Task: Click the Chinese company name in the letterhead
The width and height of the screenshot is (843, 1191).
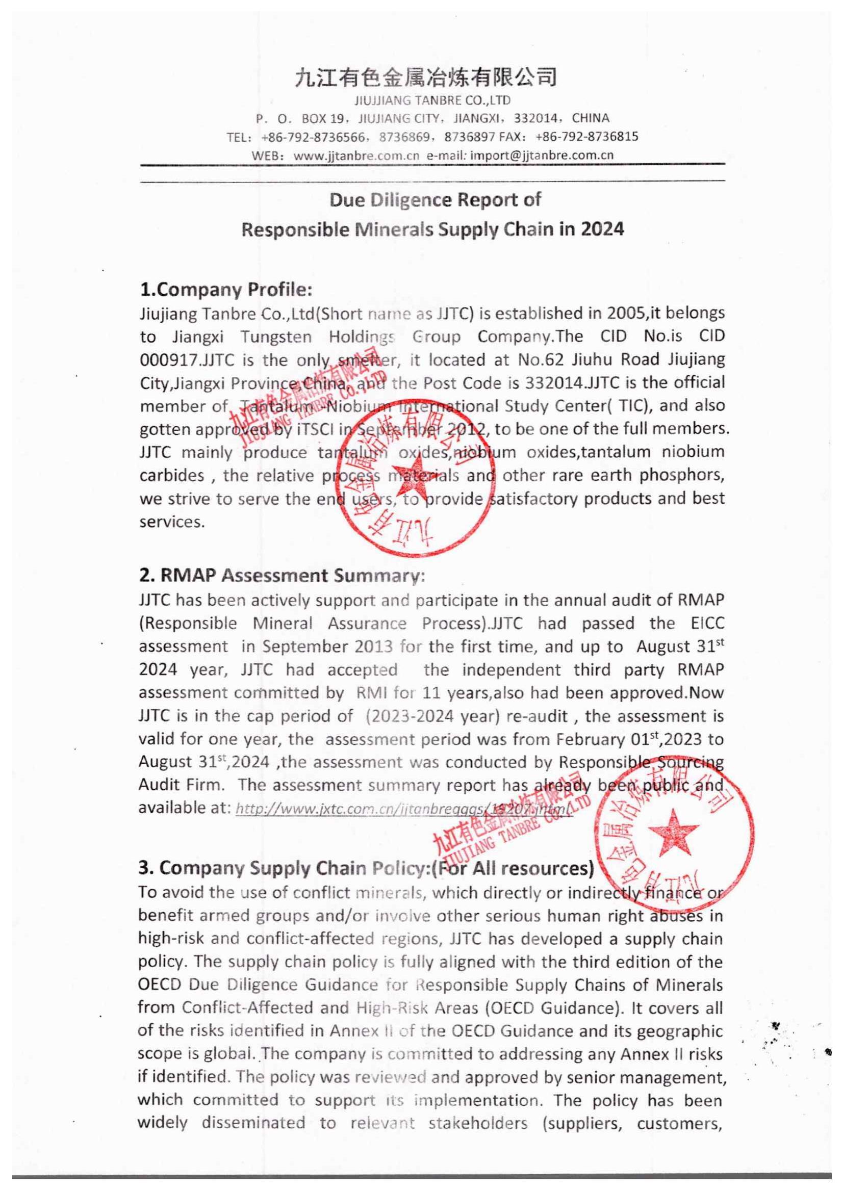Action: click(426, 77)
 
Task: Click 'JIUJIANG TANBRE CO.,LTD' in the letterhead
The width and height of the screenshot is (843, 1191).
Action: click(432, 99)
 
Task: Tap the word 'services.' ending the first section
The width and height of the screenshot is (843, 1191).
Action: click(172, 522)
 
